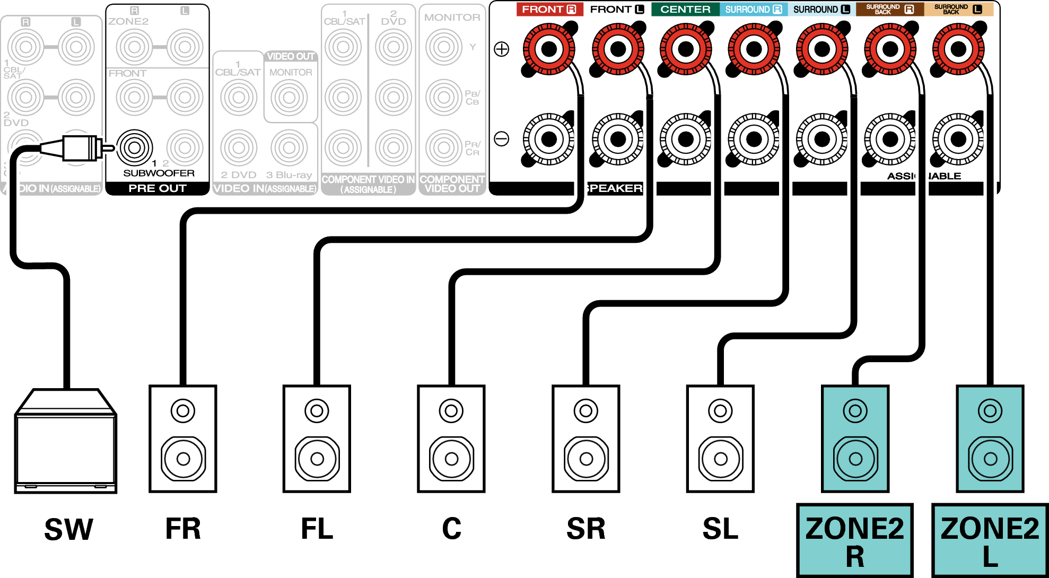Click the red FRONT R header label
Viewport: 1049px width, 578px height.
tap(549, 10)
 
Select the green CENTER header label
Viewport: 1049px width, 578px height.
tap(685, 10)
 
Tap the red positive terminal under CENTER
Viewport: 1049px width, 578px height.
tap(686, 49)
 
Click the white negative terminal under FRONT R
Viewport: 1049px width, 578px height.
tap(549, 139)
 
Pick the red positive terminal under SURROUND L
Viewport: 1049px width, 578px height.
tap(822, 49)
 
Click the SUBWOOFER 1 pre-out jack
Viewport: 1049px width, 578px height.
tap(135, 147)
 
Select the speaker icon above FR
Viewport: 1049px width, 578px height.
tap(183, 439)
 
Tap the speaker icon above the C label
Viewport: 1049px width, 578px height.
tap(451, 439)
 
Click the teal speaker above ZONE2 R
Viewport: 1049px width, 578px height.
tap(855, 439)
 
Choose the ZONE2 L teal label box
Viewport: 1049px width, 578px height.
tap(990, 540)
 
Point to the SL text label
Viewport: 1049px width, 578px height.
tap(720, 529)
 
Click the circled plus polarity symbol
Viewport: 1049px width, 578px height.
tap(502, 49)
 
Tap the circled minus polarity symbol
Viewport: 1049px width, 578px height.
tap(502, 139)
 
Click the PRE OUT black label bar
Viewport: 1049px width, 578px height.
tap(158, 188)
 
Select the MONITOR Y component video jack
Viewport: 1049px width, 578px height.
tap(444, 47)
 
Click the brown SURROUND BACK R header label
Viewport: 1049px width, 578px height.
tap(890, 10)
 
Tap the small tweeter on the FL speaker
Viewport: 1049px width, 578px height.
tap(317, 410)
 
